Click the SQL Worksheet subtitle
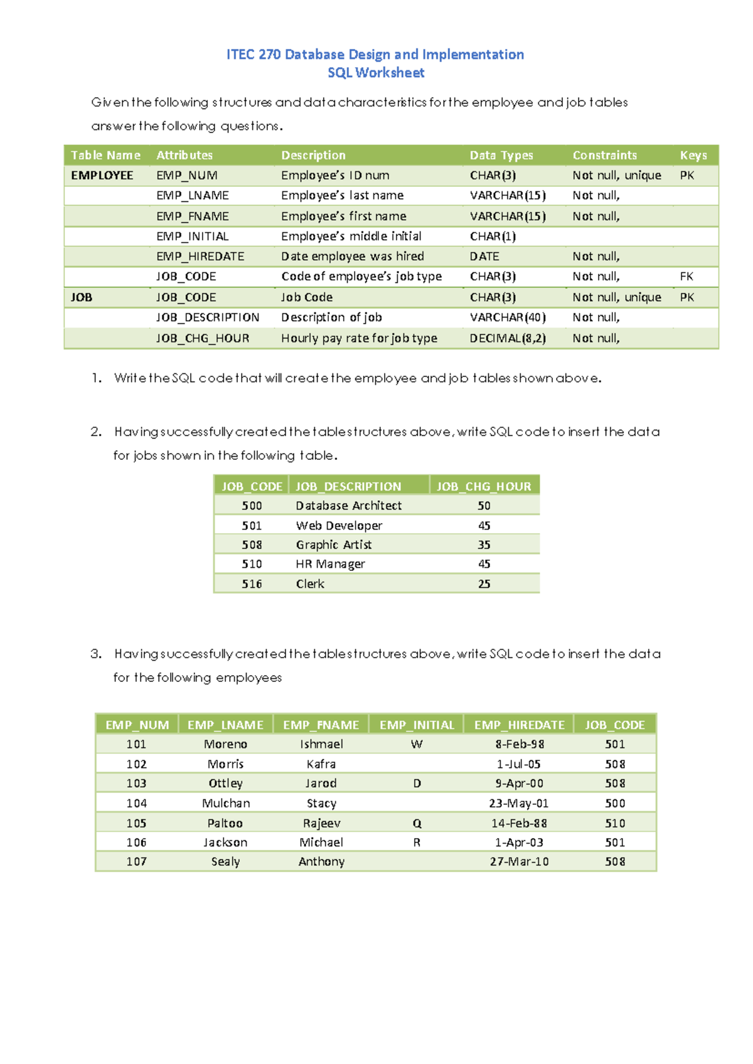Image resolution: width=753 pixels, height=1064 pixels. [x=376, y=73]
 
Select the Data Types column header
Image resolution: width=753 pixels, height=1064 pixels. [x=501, y=155]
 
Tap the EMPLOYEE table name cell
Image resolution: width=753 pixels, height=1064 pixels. [x=102, y=176]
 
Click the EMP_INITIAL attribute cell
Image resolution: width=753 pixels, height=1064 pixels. [x=192, y=237]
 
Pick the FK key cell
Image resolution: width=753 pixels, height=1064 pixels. [x=686, y=277]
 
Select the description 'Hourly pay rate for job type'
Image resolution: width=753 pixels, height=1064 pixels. [x=359, y=338]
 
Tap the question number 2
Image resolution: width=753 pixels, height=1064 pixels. [x=95, y=432]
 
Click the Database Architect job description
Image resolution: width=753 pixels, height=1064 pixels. [x=348, y=506]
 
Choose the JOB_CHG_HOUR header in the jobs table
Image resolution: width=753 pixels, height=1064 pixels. [x=483, y=486]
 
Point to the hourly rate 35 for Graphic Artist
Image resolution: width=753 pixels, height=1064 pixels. [x=484, y=545]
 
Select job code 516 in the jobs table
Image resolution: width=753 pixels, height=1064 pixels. [x=252, y=584]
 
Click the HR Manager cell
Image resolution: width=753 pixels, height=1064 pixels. [x=330, y=564]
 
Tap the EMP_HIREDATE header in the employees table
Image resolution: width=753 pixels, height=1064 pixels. [x=519, y=725]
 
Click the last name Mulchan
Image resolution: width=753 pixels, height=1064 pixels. [x=226, y=803]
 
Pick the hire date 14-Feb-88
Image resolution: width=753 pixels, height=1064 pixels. [x=519, y=823]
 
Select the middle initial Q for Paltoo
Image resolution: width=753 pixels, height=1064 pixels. [x=417, y=823]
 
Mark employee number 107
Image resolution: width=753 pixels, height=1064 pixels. [x=136, y=861]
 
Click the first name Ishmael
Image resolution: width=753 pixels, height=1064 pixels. [x=321, y=744]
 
